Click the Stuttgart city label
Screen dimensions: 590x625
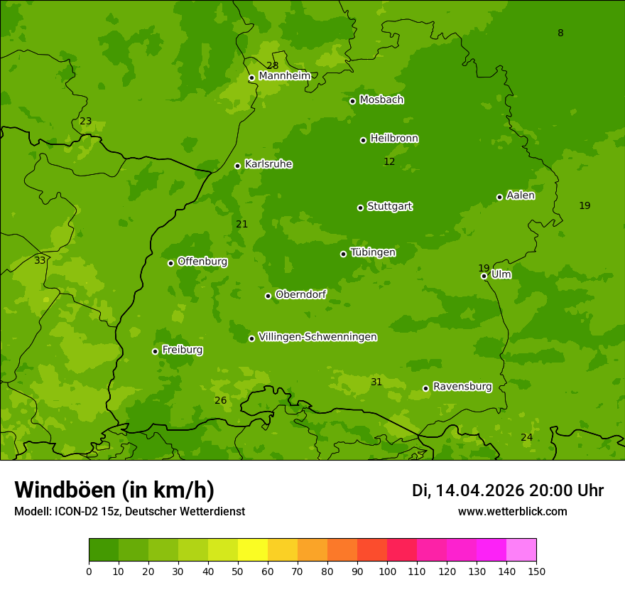389,207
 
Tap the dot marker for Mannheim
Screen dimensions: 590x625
251,78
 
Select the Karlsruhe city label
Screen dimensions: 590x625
268,164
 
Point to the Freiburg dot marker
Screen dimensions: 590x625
155,351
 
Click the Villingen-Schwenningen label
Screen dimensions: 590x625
317,337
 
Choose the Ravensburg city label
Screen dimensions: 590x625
462,387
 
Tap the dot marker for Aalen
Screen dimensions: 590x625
499,197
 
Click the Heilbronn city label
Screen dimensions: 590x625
394,139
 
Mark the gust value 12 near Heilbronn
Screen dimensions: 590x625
389,162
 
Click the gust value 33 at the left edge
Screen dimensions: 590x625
40,261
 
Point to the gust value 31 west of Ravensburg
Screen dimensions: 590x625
376,382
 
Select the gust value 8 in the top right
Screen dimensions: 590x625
560,33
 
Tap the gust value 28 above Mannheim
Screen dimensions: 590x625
273,66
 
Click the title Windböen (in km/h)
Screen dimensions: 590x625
114,490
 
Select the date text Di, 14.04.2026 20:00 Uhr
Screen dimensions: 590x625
508,490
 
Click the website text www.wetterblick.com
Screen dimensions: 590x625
512,512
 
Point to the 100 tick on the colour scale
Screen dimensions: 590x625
387,571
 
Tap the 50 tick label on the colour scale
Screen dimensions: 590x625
238,571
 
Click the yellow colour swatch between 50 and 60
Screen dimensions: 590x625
253,550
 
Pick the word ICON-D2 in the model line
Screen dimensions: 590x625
76,512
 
